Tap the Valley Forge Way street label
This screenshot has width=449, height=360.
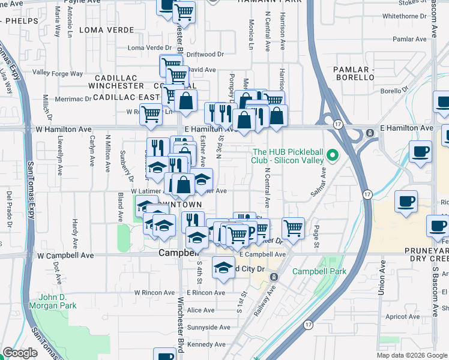(x=58, y=73)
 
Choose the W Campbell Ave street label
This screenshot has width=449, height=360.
(x=65, y=255)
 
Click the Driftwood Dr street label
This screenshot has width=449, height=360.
(x=205, y=54)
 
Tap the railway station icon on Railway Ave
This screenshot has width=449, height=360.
(x=274, y=277)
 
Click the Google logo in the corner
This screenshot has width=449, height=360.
(x=20, y=353)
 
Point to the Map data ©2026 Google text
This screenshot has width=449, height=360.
(x=412, y=355)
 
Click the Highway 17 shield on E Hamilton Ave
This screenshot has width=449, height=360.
(x=339, y=124)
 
